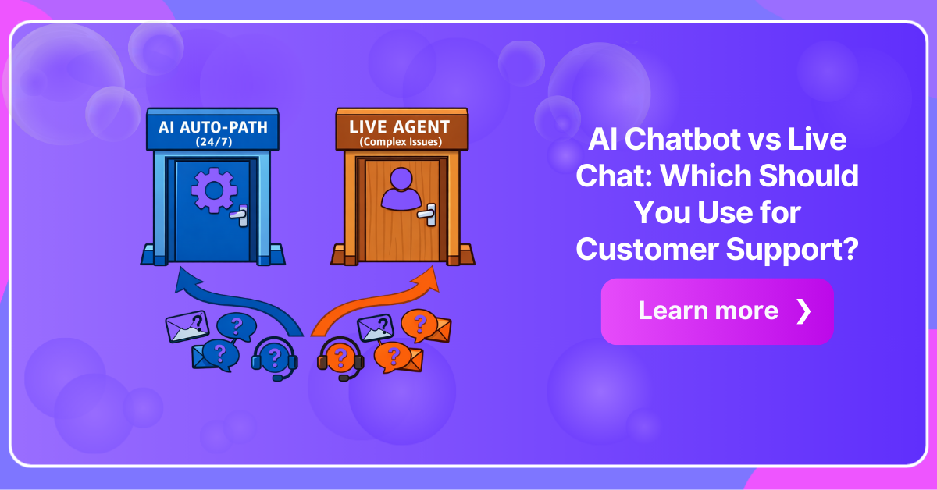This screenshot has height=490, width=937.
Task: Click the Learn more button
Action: (x=717, y=311)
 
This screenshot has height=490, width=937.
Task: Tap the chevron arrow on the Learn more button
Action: (x=803, y=311)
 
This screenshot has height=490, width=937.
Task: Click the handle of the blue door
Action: (x=243, y=215)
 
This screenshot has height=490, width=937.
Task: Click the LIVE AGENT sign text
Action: (x=400, y=126)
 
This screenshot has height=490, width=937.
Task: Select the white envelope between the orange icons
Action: (x=376, y=329)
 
